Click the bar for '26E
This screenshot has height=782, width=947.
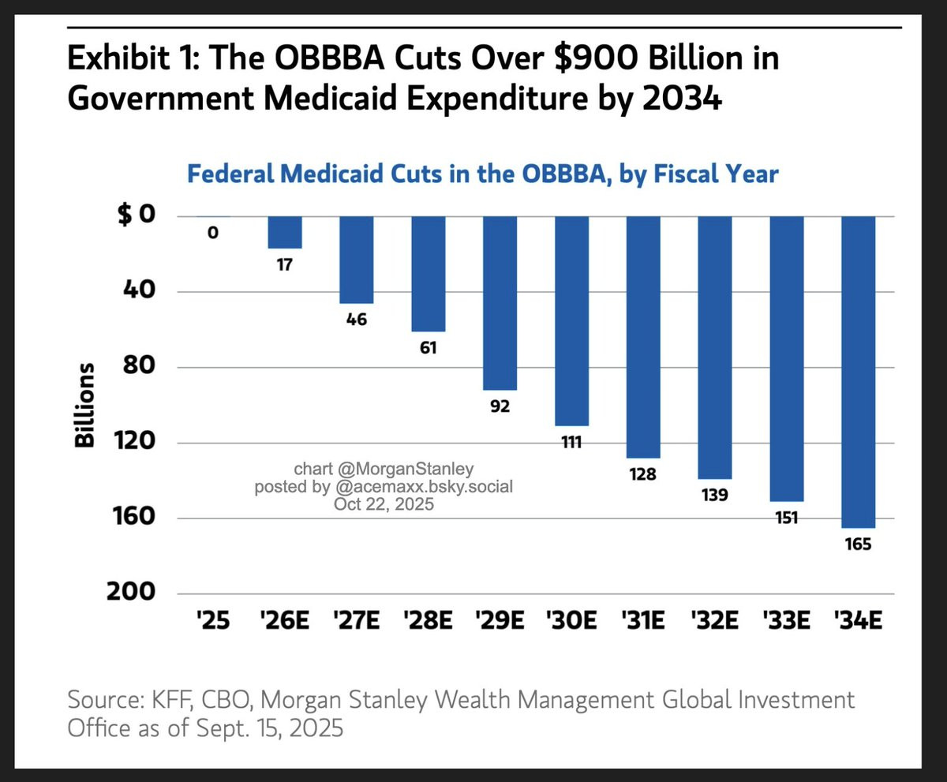[285, 232]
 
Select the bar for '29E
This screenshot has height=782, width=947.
[500, 303]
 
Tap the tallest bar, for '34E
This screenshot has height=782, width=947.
[858, 372]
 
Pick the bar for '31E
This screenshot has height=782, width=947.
[643, 337]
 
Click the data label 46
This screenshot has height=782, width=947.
[357, 320]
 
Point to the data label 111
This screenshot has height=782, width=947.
[571, 442]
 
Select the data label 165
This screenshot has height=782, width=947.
[858, 544]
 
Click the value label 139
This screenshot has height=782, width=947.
[715, 495]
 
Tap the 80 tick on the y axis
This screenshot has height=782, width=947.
[139, 365]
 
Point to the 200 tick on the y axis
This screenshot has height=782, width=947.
[131, 592]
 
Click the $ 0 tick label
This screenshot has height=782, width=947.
[136, 215]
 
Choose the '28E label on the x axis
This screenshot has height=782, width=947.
[429, 620]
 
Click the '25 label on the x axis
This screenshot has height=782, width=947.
[213, 620]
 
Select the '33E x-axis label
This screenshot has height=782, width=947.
[787, 620]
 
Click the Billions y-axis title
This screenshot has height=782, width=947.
[84, 405]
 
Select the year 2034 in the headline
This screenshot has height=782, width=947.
[682, 98]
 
